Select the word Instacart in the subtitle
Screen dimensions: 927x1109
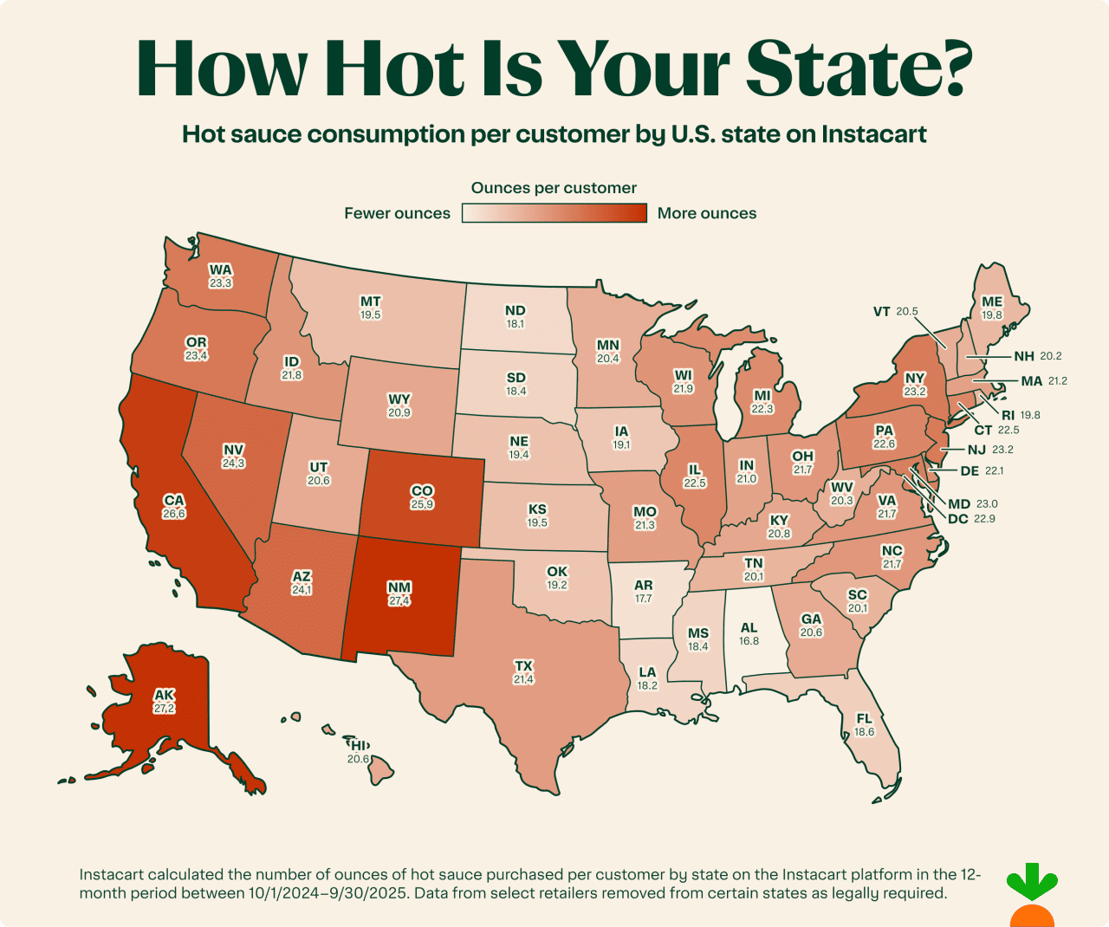point(873,134)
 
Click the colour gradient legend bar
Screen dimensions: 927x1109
point(554,213)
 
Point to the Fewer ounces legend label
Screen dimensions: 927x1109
point(397,213)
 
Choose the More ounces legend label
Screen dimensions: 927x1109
point(706,213)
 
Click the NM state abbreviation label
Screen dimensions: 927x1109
point(399,587)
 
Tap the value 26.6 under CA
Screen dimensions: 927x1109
point(174,514)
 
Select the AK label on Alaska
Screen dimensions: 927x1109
point(165,695)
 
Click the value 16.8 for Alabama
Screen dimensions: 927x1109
point(749,641)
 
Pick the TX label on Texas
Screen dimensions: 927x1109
point(523,666)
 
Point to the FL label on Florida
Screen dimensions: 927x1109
point(864,718)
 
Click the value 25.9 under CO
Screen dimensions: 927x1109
point(422,504)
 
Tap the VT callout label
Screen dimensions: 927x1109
point(881,312)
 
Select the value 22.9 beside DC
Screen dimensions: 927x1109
point(984,519)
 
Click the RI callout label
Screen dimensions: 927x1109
point(1008,415)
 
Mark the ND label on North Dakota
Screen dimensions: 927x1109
point(515,310)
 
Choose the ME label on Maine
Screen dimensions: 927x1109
point(992,301)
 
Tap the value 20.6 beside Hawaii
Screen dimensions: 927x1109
point(358,759)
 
